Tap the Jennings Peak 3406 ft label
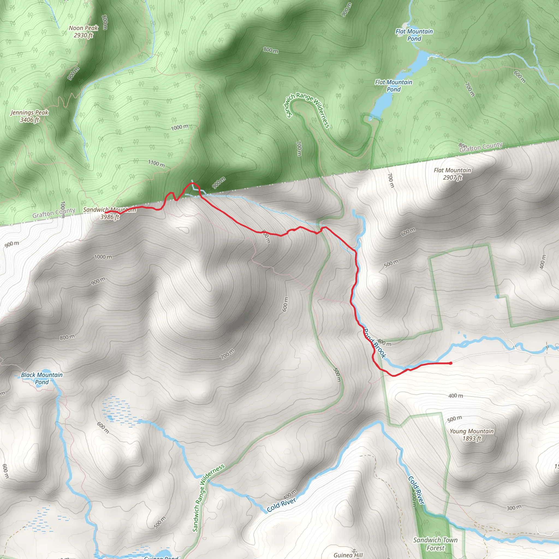29,116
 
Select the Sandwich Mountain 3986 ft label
110,213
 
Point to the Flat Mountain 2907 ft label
452,174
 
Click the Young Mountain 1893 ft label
471,435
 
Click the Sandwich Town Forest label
435,544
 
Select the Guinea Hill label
348,555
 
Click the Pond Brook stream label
375,343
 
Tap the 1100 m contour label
156,164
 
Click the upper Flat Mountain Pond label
414,35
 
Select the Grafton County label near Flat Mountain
481,147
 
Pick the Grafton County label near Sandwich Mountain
54,213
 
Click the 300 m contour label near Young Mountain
514,507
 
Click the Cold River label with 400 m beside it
281,505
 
